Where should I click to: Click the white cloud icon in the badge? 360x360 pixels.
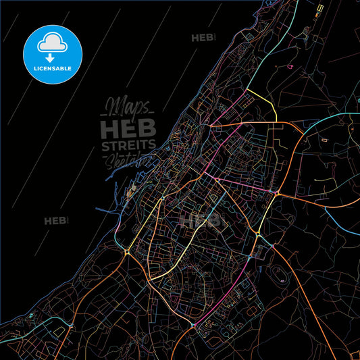[x=53, y=43]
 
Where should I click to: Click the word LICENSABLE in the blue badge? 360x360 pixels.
[x=53, y=69]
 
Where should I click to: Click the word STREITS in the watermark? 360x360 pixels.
[x=128, y=145]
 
